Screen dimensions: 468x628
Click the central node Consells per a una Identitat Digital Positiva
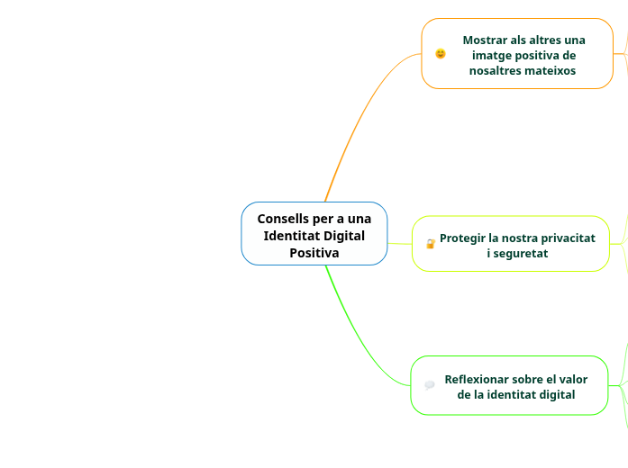point(314,234)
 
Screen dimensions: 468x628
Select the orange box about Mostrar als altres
point(517,54)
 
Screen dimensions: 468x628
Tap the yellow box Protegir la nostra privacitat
point(511,244)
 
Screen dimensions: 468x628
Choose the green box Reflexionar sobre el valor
point(509,385)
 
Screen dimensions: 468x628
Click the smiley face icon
point(441,54)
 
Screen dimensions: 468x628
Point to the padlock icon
point(430,244)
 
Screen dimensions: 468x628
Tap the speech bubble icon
point(430,385)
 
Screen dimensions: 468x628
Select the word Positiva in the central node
point(314,253)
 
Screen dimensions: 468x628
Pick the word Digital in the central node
point(344,236)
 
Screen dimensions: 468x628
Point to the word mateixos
point(547,70)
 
